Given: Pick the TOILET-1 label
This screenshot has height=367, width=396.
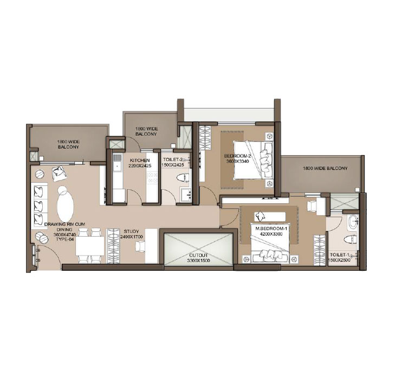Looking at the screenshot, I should point(340,254).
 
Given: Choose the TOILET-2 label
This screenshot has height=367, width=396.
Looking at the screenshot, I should point(173,160).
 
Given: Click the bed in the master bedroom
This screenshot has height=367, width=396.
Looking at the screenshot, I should point(271,246).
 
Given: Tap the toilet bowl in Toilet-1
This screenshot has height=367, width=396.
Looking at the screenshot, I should point(352,236).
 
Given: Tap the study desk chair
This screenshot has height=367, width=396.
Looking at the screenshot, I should point(140,246).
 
